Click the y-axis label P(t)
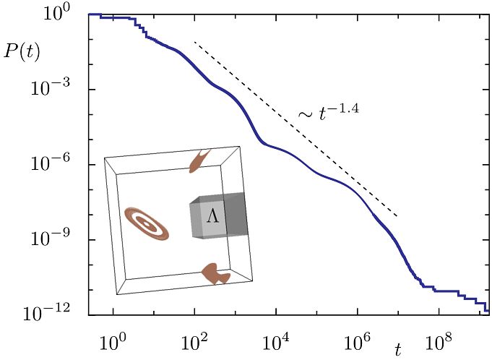[21, 51]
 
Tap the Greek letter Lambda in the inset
[212, 215]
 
